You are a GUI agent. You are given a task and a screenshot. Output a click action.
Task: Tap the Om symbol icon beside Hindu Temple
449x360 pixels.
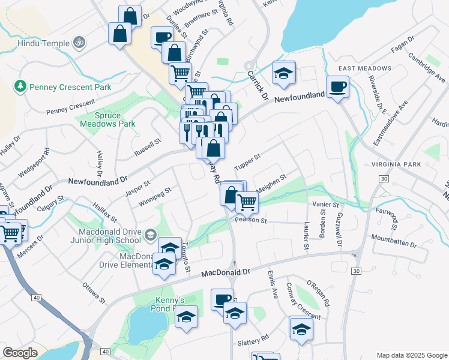(77, 43)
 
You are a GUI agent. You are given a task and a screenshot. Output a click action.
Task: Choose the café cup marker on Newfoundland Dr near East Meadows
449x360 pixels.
(337, 86)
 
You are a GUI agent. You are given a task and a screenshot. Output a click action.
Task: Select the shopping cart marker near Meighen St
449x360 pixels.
(247, 202)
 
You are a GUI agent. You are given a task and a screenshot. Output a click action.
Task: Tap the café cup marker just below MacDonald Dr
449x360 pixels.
(222, 299)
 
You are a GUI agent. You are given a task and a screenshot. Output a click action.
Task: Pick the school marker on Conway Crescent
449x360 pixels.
(301, 328)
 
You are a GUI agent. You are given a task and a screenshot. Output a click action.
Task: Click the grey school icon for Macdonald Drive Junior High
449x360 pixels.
(149, 234)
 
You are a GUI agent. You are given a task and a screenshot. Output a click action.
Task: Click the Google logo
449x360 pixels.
(20, 352)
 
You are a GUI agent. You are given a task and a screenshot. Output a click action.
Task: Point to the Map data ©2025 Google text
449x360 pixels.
(411, 355)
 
